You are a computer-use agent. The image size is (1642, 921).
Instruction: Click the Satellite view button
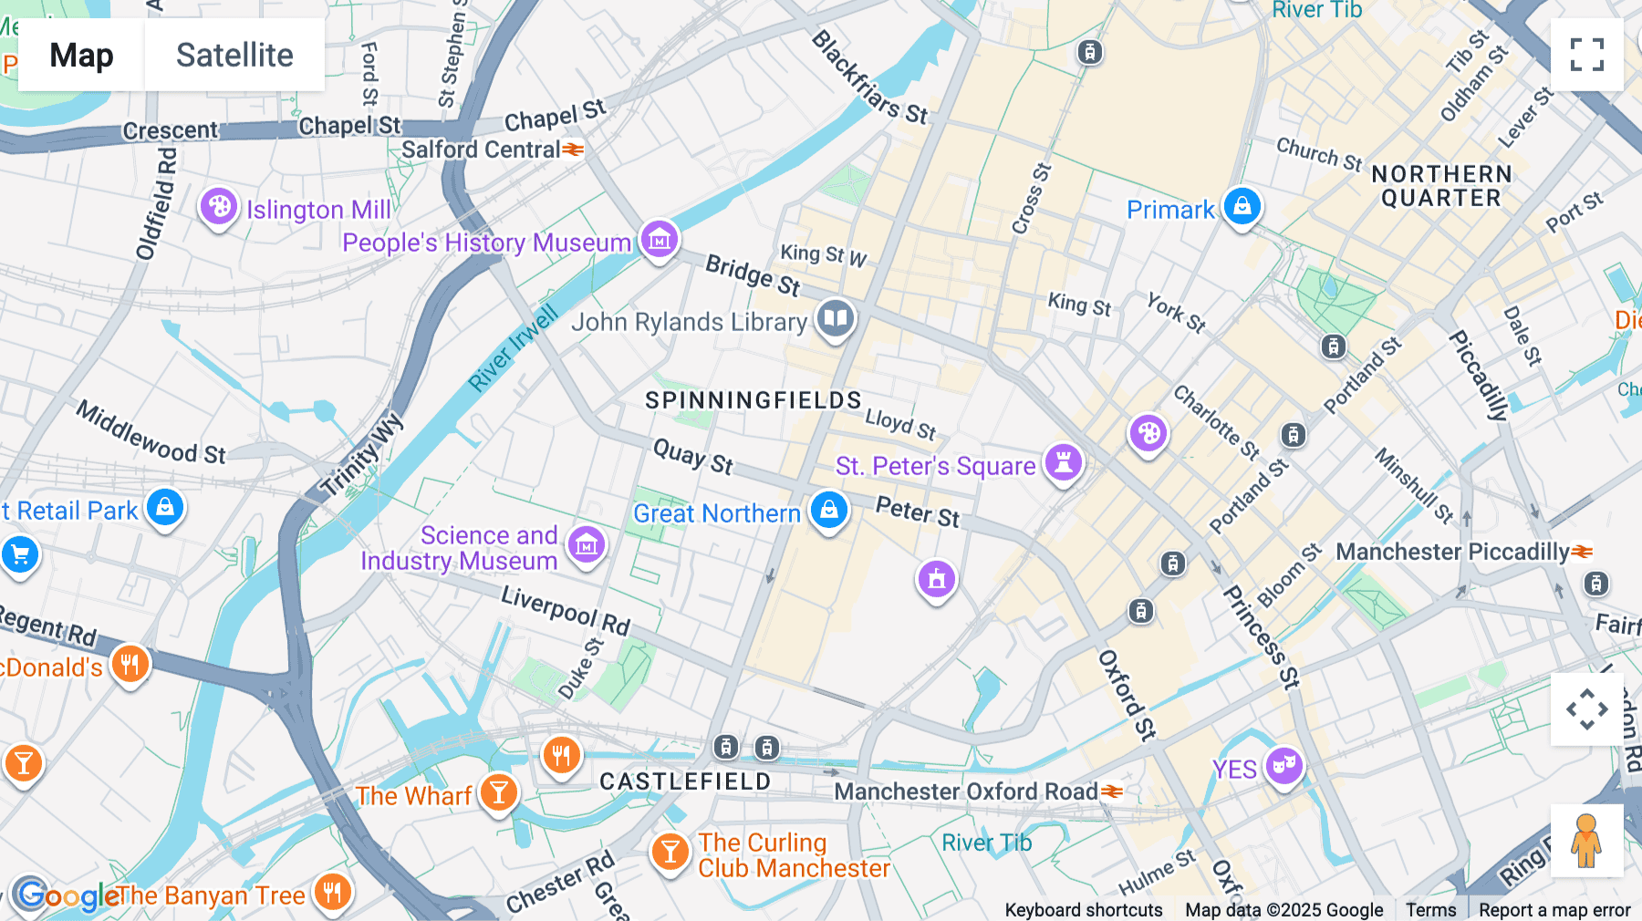pos(234,55)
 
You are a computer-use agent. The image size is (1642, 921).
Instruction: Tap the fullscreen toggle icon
pos(1586,55)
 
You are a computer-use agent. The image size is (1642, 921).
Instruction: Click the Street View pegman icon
pos(1586,840)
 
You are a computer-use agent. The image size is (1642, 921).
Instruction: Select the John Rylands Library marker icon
pos(835,319)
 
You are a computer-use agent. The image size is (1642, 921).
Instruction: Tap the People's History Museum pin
pos(659,240)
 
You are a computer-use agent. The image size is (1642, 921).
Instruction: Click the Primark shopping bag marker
pos(1242,207)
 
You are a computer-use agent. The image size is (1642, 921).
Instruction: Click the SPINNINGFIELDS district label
pos(753,400)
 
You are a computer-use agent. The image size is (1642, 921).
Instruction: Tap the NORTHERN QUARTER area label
pos(1440,186)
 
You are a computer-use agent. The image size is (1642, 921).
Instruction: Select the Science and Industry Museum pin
pos(587,545)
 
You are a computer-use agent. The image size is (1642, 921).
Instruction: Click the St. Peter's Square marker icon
pos(1063,462)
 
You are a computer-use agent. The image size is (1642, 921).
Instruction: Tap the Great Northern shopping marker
pos(829,510)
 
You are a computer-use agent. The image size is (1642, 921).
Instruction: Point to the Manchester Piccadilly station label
pos(1452,552)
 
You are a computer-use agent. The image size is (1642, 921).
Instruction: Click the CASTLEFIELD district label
pos(685,781)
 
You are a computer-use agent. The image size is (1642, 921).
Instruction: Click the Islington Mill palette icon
pos(219,207)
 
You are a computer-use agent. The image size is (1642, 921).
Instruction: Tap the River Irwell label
pos(513,349)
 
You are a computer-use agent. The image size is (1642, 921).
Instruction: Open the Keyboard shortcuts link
pos(1083,910)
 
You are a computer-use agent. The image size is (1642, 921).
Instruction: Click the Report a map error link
pos(1554,910)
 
